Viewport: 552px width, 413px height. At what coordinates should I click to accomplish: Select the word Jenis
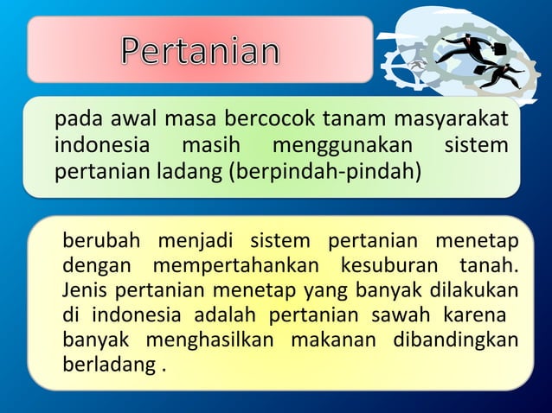(x=84, y=288)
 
